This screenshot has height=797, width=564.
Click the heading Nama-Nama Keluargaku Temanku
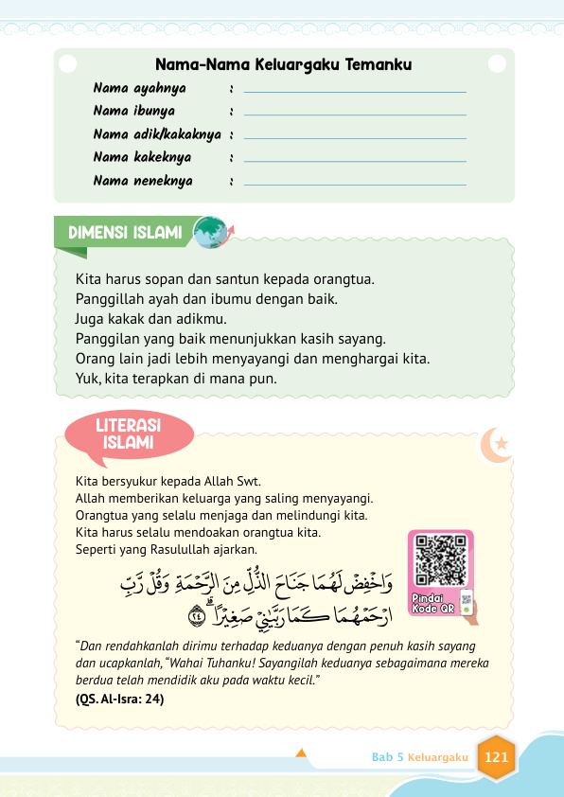tap(284, 65)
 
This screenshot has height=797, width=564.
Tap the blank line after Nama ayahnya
tap(355, 91)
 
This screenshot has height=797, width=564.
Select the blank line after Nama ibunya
tap(355, 114)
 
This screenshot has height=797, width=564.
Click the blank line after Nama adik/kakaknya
tap(355, 137)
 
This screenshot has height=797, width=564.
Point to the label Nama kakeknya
tap(142, 157)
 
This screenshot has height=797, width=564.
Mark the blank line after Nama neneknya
tap(355, 184)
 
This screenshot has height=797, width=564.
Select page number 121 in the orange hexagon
tap(496, 757)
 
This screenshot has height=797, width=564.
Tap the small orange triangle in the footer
tap(301, 754)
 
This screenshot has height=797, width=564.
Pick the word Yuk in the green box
tap(86, 378)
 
